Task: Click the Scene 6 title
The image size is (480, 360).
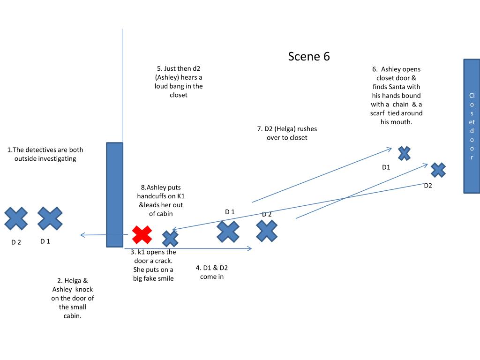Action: click(309, 56)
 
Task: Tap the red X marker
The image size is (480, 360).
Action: click(142, 234)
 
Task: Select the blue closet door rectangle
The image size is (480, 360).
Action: click(472, 126)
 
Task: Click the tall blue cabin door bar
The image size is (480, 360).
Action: click(114, 195)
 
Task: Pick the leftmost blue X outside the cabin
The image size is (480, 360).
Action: click(16, 219)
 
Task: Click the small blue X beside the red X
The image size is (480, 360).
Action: click(170, 239)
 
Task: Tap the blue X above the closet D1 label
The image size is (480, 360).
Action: click(404, 153)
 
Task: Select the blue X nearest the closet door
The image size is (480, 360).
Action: click(438, 170)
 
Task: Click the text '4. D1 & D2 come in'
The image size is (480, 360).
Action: click(211, 272)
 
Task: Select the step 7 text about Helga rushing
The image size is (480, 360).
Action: click(287, 133)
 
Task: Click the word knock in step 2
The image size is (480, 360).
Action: click(84, 289)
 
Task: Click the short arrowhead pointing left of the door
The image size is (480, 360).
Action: click(82, 235)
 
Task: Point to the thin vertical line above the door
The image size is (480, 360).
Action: click(122, 84)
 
